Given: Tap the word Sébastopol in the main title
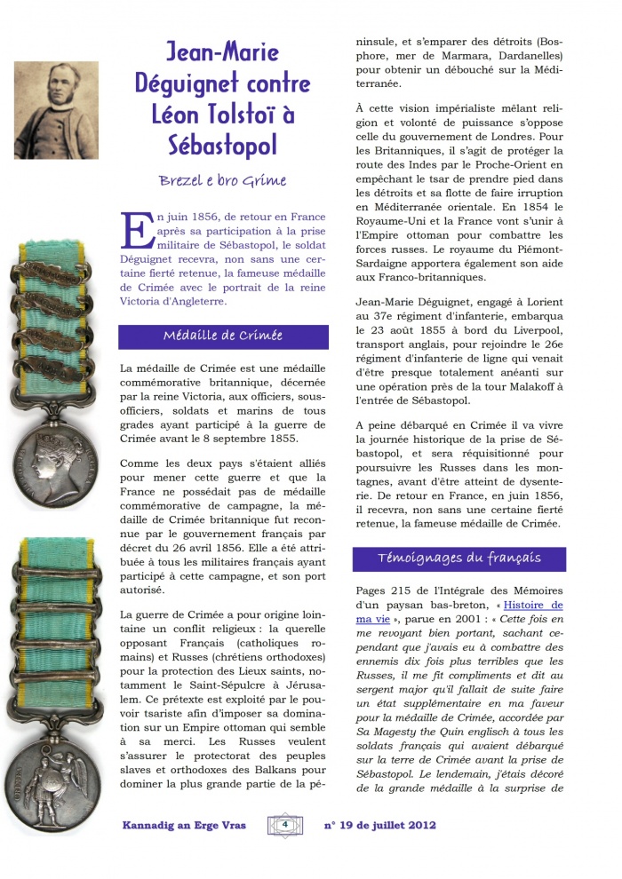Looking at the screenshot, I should (224, 144).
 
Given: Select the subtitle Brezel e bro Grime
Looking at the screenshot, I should (223, 180).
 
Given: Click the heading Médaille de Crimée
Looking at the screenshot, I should (223, 336).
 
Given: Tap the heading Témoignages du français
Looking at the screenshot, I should (459, 558).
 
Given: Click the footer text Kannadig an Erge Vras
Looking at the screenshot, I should (183, 825).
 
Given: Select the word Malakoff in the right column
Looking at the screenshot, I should (531, 388).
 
